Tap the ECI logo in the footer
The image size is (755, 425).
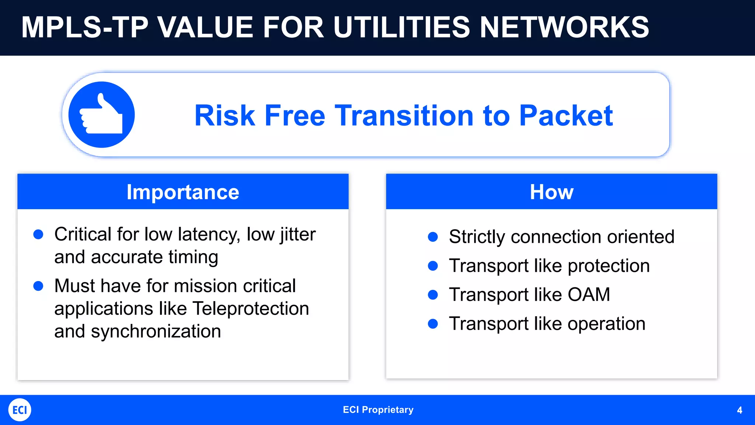click(20, 410)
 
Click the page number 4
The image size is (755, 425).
click(739, 410)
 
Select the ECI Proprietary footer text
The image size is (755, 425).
click(378, 410)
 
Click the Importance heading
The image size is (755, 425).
click(183, 192)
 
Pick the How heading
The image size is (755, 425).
click(552, 192)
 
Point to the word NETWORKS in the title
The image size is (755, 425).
click(564, 27)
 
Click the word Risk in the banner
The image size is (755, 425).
click(225, 115)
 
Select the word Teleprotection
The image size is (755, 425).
click(251, 308)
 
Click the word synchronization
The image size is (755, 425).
click(156, 331)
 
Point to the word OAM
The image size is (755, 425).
click(589, 294)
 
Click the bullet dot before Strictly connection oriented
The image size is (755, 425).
click(433, 237)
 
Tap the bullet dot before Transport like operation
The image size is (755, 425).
click(433, 324)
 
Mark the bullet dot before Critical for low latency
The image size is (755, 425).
click(38, 234)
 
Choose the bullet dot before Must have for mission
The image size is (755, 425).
click(38, 286)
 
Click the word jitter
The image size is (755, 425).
click(298, 234)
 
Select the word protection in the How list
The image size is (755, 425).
click(609, 266)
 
